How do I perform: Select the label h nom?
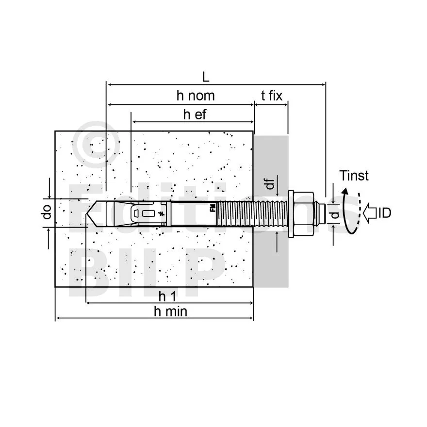[x=195, y=96]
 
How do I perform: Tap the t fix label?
[x=272, y=96]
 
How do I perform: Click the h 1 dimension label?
[x=168, y=295]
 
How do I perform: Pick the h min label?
[x=170, y=311]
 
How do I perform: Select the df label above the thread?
[x=271, y=183]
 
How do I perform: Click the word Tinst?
[x=354, y=176]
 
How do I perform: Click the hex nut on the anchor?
[x=304, y=213]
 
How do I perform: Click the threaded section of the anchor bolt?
[x=252, y=213]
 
